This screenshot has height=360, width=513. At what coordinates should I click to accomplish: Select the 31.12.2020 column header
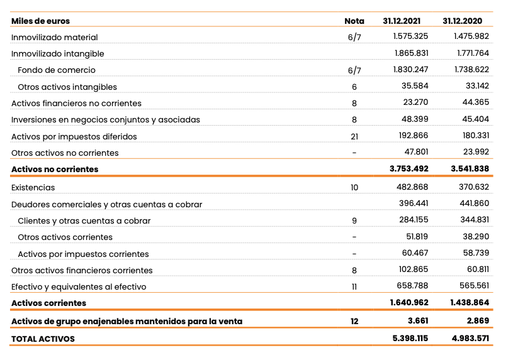click(x=466, y=21)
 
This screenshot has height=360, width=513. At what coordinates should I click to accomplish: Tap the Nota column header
click(x=354, y=21)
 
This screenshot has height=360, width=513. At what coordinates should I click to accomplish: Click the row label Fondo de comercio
click(x=57, y=70)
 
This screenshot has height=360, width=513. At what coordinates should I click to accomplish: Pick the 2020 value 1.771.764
click(x=471, y=53)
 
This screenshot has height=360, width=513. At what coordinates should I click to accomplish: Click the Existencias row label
click(x=33, y=187)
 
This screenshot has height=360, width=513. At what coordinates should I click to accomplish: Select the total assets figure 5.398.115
click(x=409, y=339)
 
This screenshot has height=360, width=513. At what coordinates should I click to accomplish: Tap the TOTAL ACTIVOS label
click(x=43, y=339)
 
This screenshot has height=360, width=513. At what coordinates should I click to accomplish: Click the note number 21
click(x=354, y=136)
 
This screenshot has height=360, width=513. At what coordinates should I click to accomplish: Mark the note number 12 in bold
click(x=354, y=322)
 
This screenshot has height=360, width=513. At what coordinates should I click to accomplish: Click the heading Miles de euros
click(x=41, y=21)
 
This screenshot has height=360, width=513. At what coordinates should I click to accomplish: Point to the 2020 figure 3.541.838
click(x=470, y=169)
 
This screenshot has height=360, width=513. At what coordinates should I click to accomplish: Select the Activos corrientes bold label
click(x=48, y=303)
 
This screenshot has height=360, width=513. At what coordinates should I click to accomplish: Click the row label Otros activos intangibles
click(x=67, y=87)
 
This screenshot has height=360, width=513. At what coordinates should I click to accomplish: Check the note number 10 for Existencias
click(x=354, y=187)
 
